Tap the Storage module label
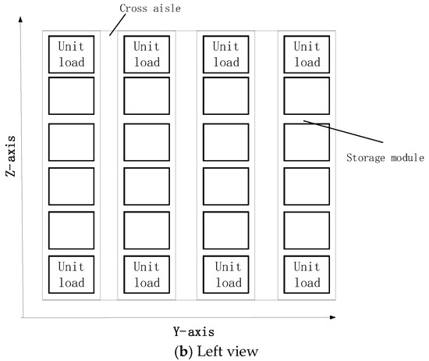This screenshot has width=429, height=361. pyautogui.click(x=384, y=157)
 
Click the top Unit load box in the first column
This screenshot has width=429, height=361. pyautogui.click(x=71, y=54)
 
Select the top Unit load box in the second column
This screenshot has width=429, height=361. pyautogui.click(x=147, y=54)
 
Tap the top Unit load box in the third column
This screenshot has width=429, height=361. pyautogui.click(x=225, y=54)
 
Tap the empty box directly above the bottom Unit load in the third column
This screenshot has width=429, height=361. pyautogui.click(x=225, y=231)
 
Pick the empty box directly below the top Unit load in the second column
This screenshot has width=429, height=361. pyautogui.click(x=147, y=95)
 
